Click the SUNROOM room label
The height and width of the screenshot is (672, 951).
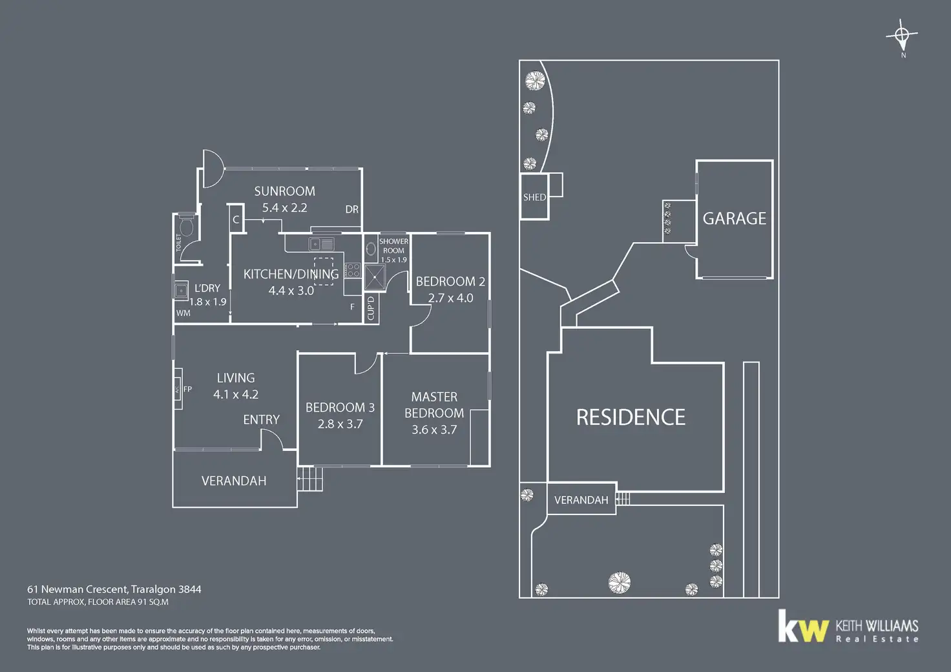[x=284, y=191]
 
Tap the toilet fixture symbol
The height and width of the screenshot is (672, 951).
[x=186, y=226]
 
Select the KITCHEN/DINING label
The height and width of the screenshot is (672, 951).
[x=291, y=274]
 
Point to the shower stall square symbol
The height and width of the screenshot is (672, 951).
[x=375, y=277]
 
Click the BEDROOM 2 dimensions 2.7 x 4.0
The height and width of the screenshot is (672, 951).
[x=450, y=298]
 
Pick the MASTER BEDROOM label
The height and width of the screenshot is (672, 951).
[x=434, y=404]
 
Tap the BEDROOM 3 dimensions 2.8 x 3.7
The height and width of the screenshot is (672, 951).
[x=340, y=424]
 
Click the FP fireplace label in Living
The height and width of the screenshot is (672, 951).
[x=188, y=389]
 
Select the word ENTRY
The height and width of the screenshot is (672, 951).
[x=261, y=420]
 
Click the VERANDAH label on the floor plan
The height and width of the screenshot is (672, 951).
[x=234, y=481]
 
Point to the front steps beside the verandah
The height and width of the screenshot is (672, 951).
[x=310, y=479]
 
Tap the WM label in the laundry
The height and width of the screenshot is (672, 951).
[x=183, y=313]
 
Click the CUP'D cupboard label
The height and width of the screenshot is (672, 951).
[x=371, y=308]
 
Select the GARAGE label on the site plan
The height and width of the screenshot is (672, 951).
[x=734, y=219]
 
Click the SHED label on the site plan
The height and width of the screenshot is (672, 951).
[x=534, y=197]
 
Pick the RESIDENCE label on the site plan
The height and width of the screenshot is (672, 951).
[x=631, y=417]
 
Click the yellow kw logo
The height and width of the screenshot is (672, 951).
[x=802, y=626]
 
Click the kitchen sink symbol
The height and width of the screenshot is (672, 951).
[x=321, y=244]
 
